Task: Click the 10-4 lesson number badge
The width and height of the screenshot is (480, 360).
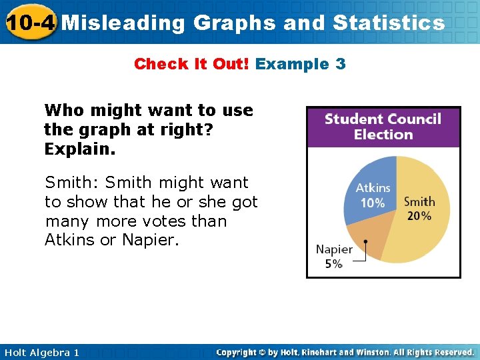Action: (x=30, y=22)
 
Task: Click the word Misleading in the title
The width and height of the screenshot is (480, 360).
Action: (x=123, y=23)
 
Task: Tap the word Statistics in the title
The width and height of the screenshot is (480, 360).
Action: (x=389, y=23)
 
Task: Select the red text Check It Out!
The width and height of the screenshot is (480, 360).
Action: (x=192, y=64)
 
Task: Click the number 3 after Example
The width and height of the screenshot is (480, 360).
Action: (x=340, y=64)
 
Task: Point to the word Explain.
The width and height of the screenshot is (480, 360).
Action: (x=80, y=149)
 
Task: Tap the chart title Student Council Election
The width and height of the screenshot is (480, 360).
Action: (x=383, y=127)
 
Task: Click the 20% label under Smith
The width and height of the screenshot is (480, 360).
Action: (x=419, y=215)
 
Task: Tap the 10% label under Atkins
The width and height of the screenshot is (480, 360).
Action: (x=373, y=202)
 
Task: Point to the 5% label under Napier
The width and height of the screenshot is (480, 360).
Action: (x=333, y=263)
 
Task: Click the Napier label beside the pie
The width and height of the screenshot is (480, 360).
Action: (x=334, y=249)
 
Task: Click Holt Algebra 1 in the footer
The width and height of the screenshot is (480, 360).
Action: (x=41, y=352)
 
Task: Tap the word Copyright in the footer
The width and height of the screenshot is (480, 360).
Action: (x=239, y=352)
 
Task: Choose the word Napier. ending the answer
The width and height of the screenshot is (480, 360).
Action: (x=150, y=239)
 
